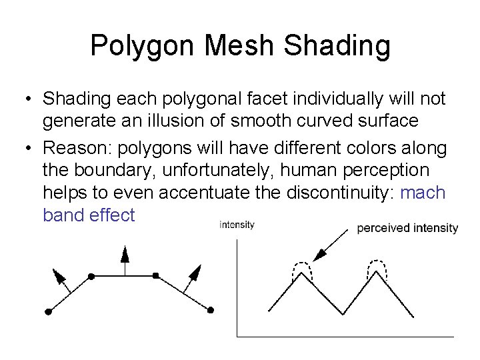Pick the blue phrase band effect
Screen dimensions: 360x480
tap(88, 215)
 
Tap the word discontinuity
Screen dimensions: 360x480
tap(349, 193)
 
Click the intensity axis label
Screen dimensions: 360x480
tap(237, 225)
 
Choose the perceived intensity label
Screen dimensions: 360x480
tap(407, 228)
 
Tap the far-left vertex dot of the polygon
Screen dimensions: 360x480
tap(48, 311)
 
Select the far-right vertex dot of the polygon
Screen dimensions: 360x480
tap(211, 310)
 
